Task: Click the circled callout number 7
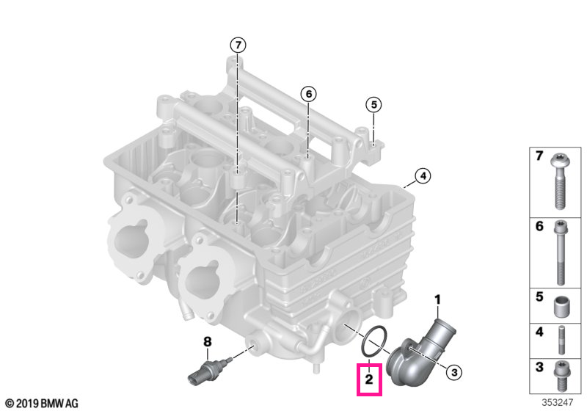click(238, 46)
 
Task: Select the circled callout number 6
click(308, 94)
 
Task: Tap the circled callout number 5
click(373, 105)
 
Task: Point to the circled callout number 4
click(423, 175)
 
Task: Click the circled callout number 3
click(453, 372)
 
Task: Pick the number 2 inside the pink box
click(369, 379)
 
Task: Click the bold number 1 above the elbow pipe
click(437, 300)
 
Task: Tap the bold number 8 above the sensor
click(208, 341)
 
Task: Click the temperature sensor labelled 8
click(210, 370)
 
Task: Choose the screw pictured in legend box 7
click(559, 181)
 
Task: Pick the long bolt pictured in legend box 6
click(560, 253)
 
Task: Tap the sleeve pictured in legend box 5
click(561, 307)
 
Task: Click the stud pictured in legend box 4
click(561, 340)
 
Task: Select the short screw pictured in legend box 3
click(561, 375)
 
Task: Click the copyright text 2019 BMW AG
click(43, 403)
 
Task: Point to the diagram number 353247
click(558, 402)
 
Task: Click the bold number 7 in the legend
click(539, 156)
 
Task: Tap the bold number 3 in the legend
click(539, 367)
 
